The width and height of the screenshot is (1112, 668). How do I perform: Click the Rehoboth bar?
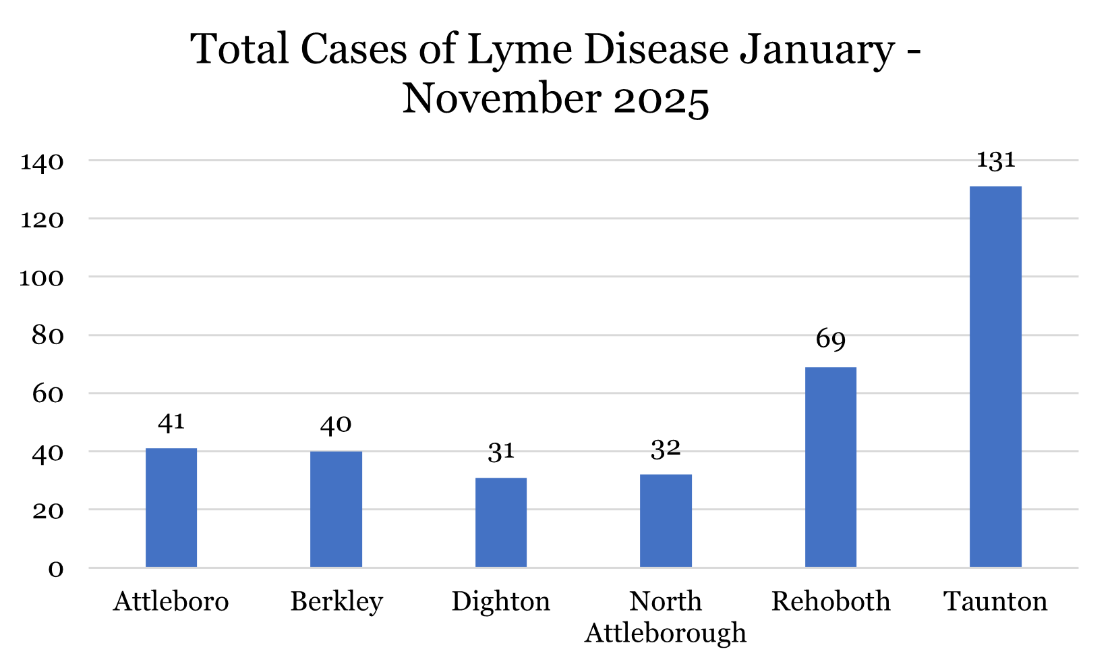[830, 467]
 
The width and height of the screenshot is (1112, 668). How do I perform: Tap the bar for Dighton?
[500, 522]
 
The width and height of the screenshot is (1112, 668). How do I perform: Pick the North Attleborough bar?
[666, 520]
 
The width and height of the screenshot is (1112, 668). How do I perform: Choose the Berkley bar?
[336, 509]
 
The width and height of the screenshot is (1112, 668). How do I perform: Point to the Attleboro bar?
[171, 507]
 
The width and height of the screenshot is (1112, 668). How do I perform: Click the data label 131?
[995, 161]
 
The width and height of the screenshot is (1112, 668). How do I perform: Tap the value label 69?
[830, 340]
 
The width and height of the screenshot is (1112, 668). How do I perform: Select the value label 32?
[666, 449]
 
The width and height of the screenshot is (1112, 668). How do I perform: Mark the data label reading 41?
[171, 423]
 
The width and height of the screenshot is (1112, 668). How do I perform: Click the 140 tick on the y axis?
[42, 162]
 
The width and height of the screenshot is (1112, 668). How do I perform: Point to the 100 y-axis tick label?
[42, 278]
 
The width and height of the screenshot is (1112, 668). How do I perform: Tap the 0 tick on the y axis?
[56, 569]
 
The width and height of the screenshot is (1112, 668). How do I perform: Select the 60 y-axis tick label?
[47, 394]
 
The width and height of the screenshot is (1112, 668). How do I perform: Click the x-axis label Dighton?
[500, 601]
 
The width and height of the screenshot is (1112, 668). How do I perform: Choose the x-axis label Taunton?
[995, 601]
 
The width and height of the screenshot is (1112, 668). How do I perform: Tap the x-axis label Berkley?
[336, 601]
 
